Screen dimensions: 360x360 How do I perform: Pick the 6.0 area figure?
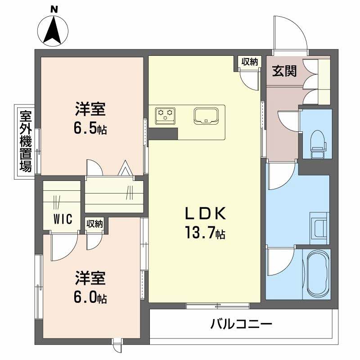click(87, 297)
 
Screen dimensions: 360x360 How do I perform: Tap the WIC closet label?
click(63, 220)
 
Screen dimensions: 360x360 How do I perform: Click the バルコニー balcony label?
click(241, 324)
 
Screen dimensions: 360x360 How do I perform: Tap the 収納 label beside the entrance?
click(249, 62)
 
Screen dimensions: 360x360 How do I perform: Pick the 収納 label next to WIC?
click(94, 224)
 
